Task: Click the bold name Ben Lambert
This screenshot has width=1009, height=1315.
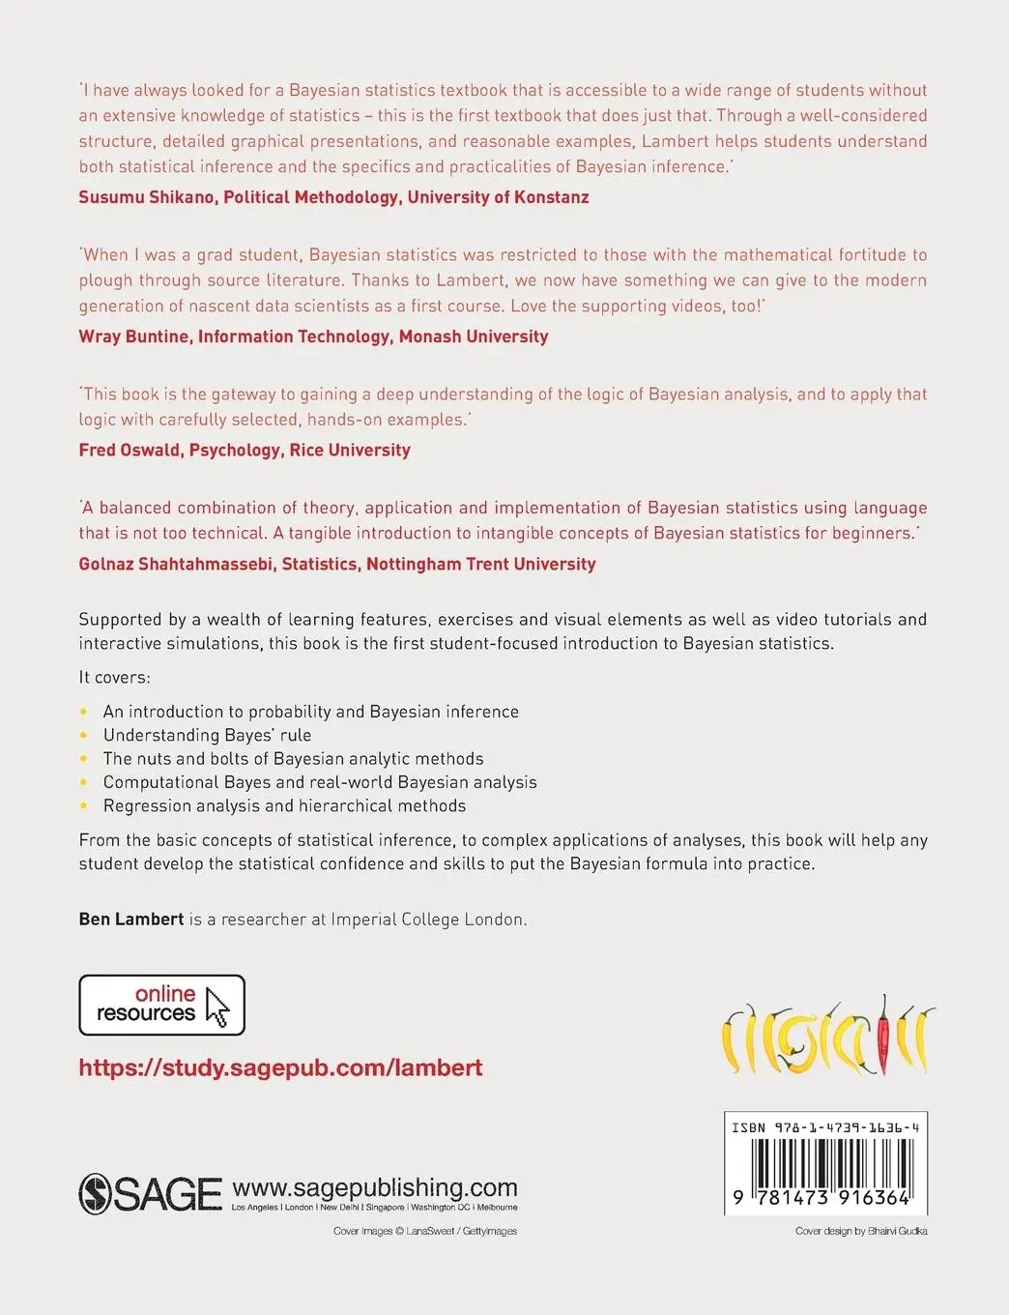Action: coord(130,920)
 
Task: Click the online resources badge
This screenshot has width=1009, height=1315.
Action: coord(161,1005)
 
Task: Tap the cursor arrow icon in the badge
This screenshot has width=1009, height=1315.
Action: coord(217,1007)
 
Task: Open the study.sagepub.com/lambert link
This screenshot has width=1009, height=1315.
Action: coord(280,1067)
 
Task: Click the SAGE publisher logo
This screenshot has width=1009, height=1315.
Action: coord(150,1193)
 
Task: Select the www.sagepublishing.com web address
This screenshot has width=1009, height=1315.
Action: coord(375,1187)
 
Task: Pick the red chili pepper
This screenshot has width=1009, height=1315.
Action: coord(882,1035)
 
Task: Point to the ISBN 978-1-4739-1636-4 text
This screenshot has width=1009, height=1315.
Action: coord(825,1127)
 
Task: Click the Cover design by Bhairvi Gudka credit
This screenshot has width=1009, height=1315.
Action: coord(860,1231)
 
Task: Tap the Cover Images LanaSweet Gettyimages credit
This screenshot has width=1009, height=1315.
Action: coord(424,1231)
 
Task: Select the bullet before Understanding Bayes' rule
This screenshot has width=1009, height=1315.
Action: coord(84,736)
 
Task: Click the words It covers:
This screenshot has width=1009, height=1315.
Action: coord(114,677)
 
